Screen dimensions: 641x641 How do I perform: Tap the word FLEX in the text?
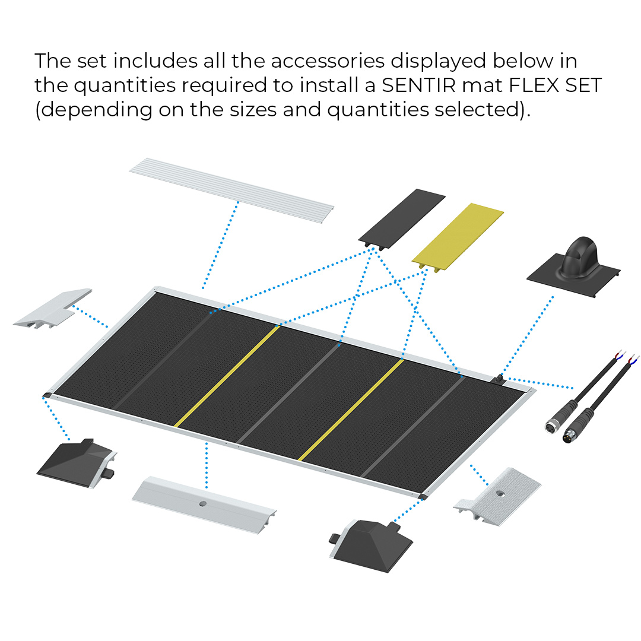click(x=537, y=85)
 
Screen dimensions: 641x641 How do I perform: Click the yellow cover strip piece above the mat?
click(x=458, y=234)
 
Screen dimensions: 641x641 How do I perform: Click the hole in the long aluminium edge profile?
click(x=202, y=503)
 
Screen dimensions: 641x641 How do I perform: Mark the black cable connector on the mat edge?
click(x=500, y=378)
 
